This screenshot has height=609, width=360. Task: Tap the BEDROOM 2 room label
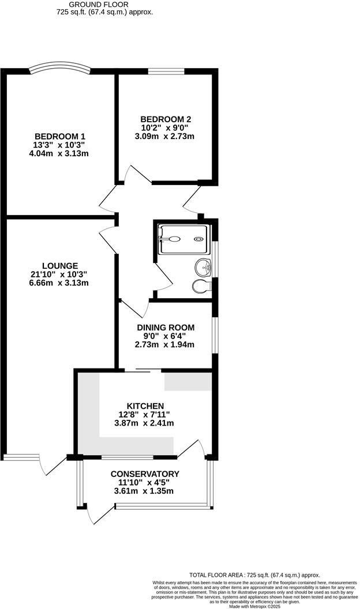[161, 119]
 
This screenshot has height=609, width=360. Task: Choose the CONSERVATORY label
[145, 474]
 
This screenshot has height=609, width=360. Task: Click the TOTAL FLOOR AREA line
[254, 575]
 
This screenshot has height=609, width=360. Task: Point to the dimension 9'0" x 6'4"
[165, 336]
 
